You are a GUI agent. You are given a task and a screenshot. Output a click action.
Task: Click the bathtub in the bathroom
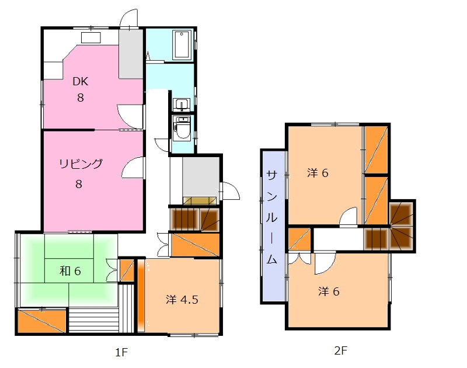tap(182, 44)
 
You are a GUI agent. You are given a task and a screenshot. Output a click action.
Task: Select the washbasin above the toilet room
tap(182, 105)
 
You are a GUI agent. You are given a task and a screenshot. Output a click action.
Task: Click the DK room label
tap(81, 81)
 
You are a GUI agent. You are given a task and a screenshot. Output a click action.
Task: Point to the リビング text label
tap(81, 164)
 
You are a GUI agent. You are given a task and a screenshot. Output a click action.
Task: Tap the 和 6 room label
tap(70, 271)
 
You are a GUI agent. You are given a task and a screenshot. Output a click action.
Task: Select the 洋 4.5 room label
tap(182, 300)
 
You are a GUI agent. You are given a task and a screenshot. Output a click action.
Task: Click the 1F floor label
tap(121, 352)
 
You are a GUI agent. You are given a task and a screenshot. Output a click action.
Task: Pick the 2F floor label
tap(341, 350)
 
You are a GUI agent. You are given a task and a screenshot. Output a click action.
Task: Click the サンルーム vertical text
tap(271, 217)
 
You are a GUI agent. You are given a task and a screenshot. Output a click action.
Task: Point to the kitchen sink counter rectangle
tap(91, 38)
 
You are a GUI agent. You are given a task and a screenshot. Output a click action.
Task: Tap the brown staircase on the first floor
tap(194, 219)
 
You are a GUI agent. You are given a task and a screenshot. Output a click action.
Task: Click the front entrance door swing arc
tap(232, 190)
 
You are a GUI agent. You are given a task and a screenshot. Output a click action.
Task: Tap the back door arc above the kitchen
tap(128, 18)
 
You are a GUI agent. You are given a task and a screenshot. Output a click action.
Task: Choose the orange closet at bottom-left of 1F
tap(41, 321)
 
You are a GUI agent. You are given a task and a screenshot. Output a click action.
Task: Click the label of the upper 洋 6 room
tap(318, 173)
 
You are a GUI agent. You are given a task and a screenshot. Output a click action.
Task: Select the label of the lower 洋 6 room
tap(329, 291)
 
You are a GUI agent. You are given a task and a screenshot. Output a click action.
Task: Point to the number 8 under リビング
tap(79, 184)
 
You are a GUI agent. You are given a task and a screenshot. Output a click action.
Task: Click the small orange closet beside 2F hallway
tap(299, 239)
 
